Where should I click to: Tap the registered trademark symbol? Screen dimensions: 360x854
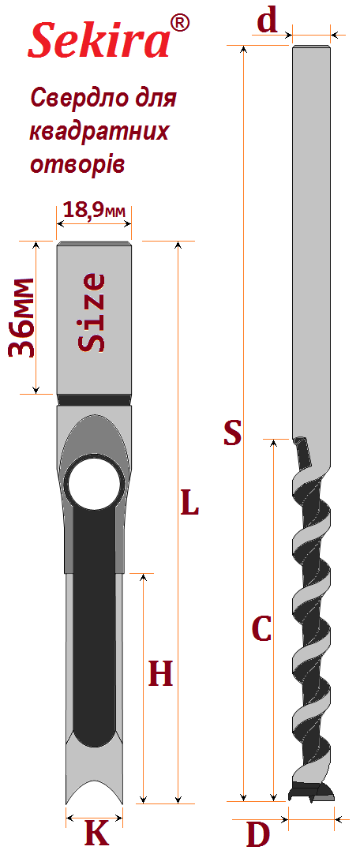(179, 23)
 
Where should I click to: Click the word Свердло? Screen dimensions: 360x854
(76, 99)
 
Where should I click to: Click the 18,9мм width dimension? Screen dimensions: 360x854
(93, 210)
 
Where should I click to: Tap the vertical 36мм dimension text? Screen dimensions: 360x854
(23, 317)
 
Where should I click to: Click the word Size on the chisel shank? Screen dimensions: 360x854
(91, 313)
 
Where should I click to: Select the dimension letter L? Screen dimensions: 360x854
(189, 502)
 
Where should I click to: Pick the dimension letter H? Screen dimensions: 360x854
(160, 673)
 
